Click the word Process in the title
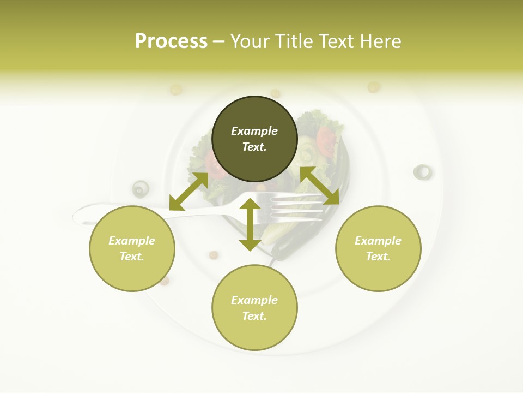pyautogui.click(x=171, y=41)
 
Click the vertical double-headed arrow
pyautogui.click(x=250, y=224)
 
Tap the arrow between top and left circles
pyautogui.click(x=188, y=192)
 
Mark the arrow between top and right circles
pyautogui.click(x=319, y=186)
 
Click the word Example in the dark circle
pyautogui.click(x=254, y=131)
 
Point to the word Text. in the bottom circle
pyautogui.click(x=254, y=316)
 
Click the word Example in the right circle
pyautogui.click(x=378, y=241)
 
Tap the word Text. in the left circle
pyautogui.click(x=132, y=257)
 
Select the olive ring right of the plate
pyautogui.click(x=422, y=172)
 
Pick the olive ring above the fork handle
pyautogui.click(x=141, y=188)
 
